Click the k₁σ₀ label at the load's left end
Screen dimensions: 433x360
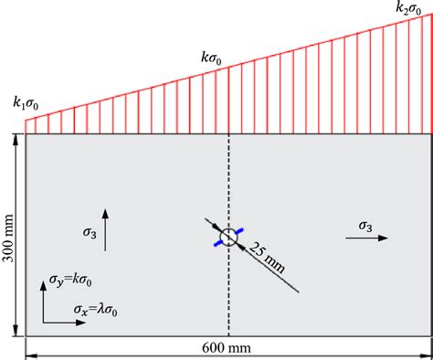click(26, 102)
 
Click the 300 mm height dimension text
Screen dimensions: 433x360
click(9, 235)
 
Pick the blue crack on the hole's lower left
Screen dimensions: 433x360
click(219, 243)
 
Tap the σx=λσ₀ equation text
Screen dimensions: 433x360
click(101, 311)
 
